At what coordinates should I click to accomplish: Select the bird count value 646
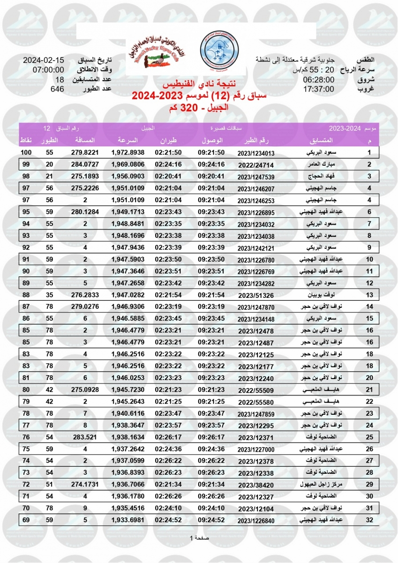point(57,88)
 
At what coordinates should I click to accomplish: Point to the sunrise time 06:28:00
point(318,80)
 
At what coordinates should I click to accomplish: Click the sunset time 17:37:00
point(318,89)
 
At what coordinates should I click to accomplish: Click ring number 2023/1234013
point(255,153)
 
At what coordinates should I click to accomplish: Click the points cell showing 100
point(26,153)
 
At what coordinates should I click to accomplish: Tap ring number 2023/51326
point(255,296)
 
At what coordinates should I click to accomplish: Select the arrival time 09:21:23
point(211,390)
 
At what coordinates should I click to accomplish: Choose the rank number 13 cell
point(369,295)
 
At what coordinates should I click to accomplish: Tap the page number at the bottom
point(199,538)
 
